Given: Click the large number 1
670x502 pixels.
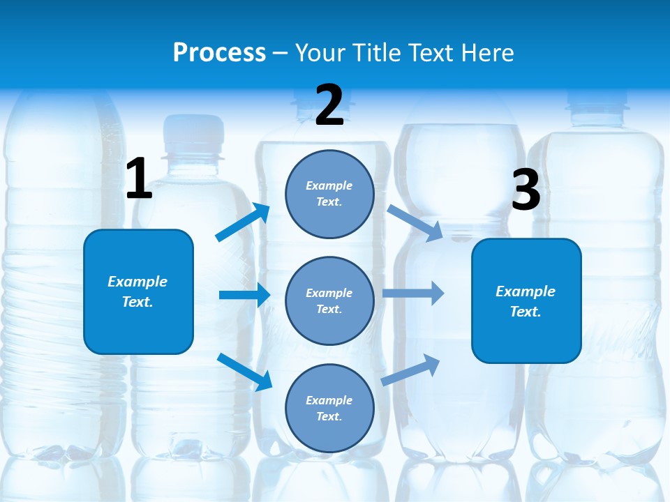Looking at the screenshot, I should (x=139, y=179).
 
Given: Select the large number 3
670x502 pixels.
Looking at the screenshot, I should (x=526, y=190).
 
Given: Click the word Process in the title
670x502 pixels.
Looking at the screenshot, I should (x=219, y=52).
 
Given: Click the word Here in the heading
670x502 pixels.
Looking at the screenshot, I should (x=488, y=52).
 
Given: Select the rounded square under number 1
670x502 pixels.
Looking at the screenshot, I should (x=138, y=291).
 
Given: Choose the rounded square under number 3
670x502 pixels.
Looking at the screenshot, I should (x=526, y=301).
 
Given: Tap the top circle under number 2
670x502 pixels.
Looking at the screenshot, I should (x=329, y=194).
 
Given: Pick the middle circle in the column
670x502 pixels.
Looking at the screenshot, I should (x=329, y=301).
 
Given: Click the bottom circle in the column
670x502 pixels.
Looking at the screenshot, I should (x=329, y=408).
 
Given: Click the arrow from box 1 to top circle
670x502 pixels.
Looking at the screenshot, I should (x=243, y=222).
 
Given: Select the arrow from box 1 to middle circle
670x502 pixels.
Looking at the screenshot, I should (x=244, y=295).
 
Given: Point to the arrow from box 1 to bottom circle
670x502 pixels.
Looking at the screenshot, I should (x=244, y=371).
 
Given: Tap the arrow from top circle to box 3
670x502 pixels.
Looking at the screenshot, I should (x=415, y=222).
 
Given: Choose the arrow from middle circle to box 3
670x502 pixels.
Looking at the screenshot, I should (x=413, y=293).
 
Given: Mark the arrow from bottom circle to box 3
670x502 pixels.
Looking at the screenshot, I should (x=410, y=370).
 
